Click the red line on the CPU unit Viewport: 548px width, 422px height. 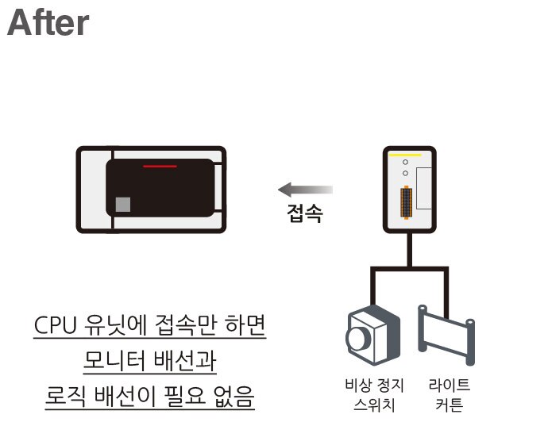(x=160, y=167)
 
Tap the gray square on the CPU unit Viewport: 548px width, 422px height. (x=122, y=204)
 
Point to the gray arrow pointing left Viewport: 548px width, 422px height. (x=305, y=190)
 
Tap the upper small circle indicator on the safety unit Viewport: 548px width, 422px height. (x=405, y=162)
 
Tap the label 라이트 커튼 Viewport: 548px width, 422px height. (x=449, y=394)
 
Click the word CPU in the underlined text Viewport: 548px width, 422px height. (x=57, y=327)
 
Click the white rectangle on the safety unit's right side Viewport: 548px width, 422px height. (x=425, y=183)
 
